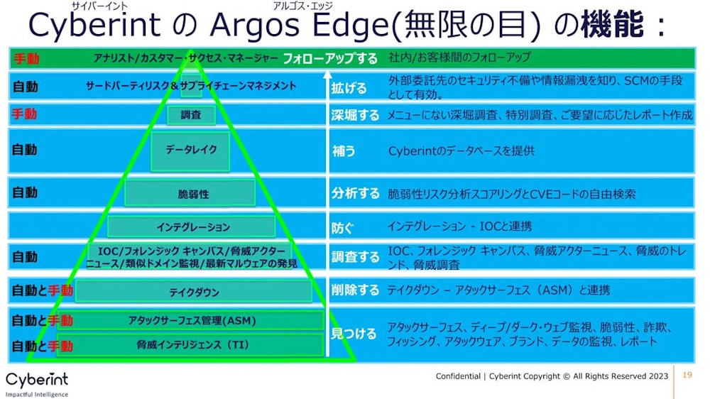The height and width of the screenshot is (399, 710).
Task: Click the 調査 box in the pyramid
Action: point(191,115)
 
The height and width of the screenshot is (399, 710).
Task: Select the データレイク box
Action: point(190,151)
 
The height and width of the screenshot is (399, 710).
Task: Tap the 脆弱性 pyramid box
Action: point(190,193)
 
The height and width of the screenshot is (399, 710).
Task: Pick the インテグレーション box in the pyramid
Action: point(192,227)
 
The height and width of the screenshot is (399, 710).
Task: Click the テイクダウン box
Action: point(194,291)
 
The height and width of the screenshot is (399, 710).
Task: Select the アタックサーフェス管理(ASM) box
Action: point(191,321)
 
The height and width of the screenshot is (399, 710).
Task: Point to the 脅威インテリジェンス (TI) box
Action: point(190,346)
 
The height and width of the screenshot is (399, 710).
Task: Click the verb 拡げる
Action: point(349,88)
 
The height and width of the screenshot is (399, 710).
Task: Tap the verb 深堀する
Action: point(355,115)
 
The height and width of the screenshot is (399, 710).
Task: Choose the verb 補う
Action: point(344,151)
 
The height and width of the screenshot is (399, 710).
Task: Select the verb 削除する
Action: point(355,290)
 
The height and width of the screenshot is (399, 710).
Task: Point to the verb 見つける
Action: point(354,334)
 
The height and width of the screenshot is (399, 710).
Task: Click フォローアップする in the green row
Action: point(330,58)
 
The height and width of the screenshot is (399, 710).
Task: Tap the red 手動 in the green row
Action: point(26,58)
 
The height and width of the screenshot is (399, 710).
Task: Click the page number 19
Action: point(687,375)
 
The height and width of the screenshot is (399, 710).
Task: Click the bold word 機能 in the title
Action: point(612,24)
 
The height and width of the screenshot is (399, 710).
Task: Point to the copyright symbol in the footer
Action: point(567,376)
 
